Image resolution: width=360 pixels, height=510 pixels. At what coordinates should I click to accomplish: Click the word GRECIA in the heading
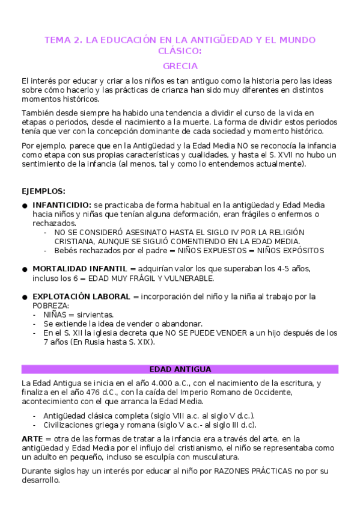click(x=180, y=66)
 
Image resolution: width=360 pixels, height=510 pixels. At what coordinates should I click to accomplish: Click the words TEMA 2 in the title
click(x=63, y=40)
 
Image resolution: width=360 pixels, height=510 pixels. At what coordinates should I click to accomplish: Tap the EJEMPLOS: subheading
click(x=43, y=191)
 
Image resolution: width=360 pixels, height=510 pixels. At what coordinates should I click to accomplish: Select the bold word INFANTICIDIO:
click(x=63, y=205)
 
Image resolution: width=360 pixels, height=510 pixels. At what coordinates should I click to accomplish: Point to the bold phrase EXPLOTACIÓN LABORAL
click(x=82, y=296)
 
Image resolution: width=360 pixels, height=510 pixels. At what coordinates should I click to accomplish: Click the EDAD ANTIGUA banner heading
click(x=180, y=369)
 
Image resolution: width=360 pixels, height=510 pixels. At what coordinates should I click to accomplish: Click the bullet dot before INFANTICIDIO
click(x=25, y=206)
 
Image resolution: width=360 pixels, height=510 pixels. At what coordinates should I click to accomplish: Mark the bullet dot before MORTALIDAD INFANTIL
click(x=25, y=269)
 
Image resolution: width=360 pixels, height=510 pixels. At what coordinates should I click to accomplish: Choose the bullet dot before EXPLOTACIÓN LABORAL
click(x=25, y=297)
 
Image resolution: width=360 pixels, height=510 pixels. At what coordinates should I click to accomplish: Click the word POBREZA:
click(x=51, y=306)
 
